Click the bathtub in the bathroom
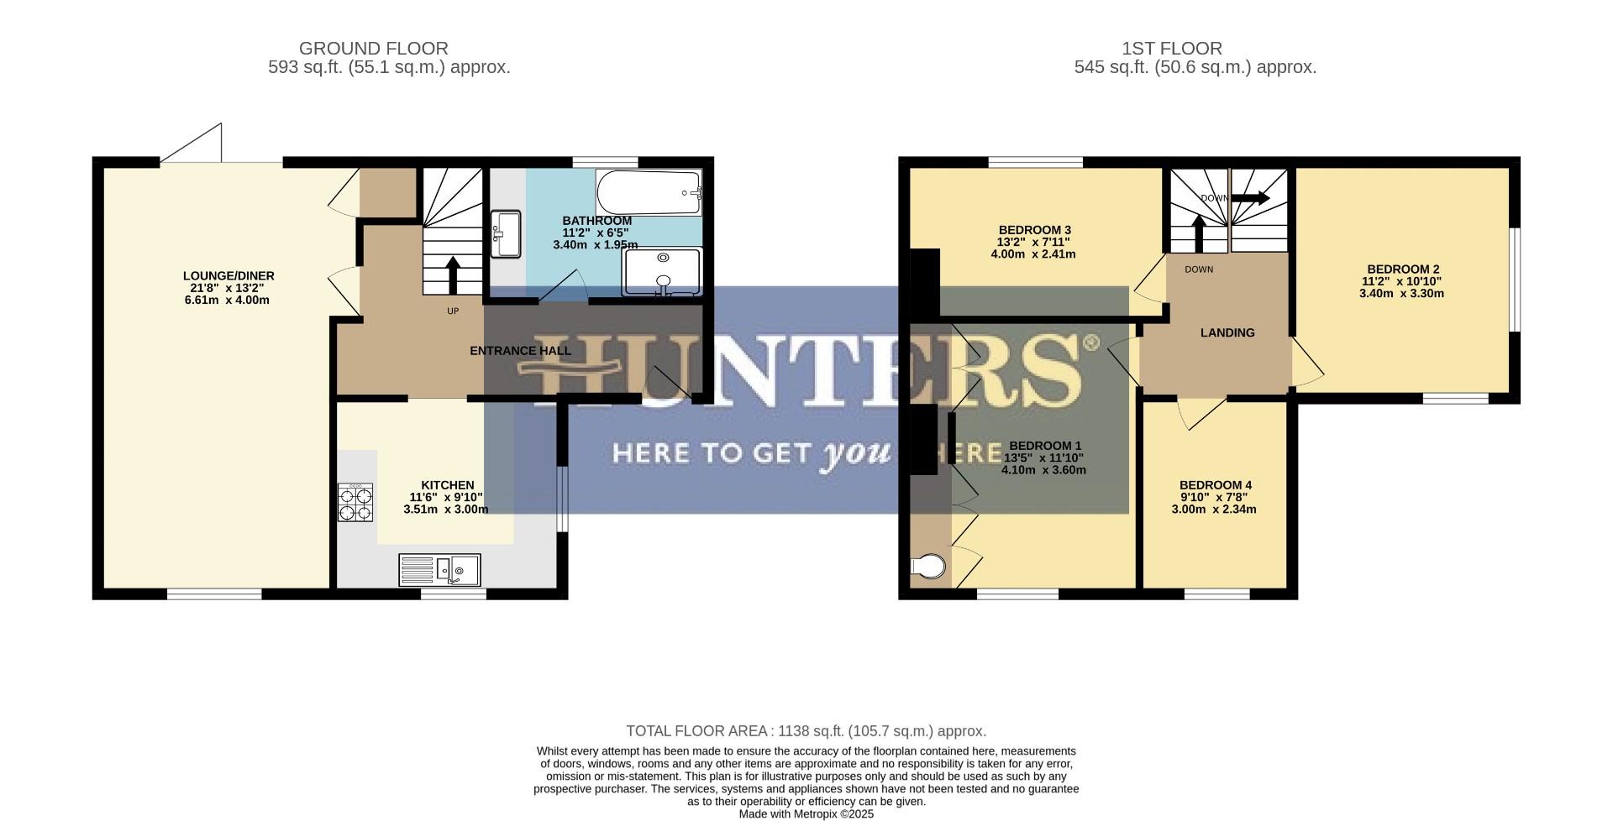[649, 193]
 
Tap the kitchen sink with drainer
[439, 570]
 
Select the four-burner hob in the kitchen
[355, 502]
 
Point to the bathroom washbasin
[507, 233]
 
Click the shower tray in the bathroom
[662, 271]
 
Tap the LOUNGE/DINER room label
[229, 275]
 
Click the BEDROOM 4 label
[1215, 485]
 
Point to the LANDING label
[1227, 332]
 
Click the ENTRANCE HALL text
[520, 351]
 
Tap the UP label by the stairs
[453, 311]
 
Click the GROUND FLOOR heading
[373, 49]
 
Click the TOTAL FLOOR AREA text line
[806, 731]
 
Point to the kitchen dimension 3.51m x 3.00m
[445, 509]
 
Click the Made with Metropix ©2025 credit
[806, 813]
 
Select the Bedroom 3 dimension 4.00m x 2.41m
[1033, 254]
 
